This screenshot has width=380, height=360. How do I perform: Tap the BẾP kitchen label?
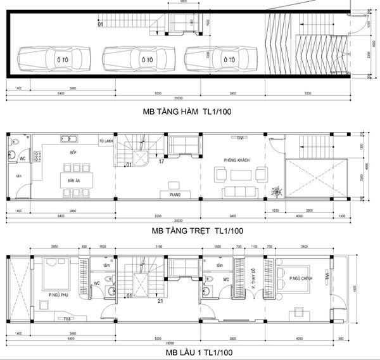(73, 153)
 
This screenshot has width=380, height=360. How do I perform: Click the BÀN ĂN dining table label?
(73, 182)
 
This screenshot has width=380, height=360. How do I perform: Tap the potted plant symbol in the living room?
(276, 191)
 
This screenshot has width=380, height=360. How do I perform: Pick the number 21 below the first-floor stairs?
(161, 301)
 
